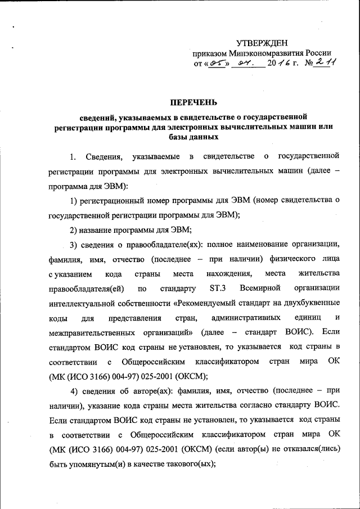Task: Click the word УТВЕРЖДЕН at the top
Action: pos(262,43)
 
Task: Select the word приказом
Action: pos(210,53)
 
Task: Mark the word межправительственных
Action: pos(96,332)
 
